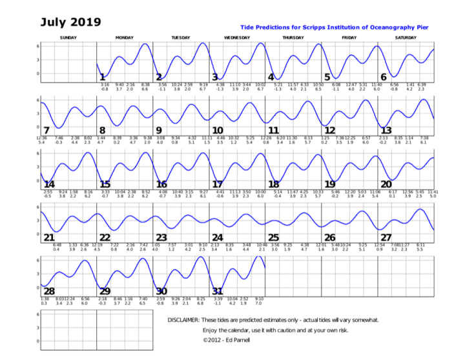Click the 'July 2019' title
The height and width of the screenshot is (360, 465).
(x=70, y=22)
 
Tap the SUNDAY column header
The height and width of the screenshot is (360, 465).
(x=68, y=38)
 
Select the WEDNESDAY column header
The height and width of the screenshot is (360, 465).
(x=237, y=38)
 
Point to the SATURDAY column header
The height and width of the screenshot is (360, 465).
(x=406, y=38)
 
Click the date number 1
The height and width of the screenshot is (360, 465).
(x=102, y=77)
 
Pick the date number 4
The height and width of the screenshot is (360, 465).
(x=271, y=77)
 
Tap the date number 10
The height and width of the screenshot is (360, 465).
(x=218, y=130)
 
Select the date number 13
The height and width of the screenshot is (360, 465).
(x=387, y=130)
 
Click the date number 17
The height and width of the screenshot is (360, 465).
(x=218, y=185)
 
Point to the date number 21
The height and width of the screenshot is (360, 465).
(x=48, y=237)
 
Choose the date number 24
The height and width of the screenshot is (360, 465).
(x=218, y=237)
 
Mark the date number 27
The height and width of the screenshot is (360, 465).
(x=387, y=237)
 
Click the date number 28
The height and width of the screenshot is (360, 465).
(x=48, y=291)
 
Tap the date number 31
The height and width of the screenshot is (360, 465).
(x=218, y=291)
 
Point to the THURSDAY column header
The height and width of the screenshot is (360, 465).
(x=293, y=38)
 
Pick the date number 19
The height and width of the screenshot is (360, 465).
(x=330, y=185)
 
